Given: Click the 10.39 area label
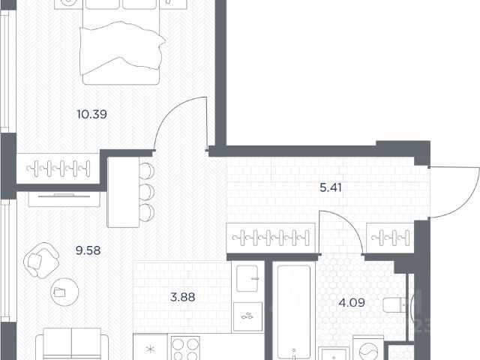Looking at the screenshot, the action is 91,115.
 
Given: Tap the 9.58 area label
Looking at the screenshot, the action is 88,250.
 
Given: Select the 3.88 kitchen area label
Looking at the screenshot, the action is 183,297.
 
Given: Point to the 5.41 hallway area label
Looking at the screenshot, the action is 331,187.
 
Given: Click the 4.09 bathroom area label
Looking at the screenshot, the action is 352,303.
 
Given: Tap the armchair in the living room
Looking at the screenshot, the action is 41,260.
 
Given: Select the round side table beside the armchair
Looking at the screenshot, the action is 64,292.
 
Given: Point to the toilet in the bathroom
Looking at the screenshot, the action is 395,305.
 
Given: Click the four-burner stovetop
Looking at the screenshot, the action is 185,348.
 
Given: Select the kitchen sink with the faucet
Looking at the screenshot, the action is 247,278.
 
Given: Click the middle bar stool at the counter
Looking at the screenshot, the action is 147,192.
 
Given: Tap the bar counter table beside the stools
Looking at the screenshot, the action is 123,192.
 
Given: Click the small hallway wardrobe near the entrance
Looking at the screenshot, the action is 390,238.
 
